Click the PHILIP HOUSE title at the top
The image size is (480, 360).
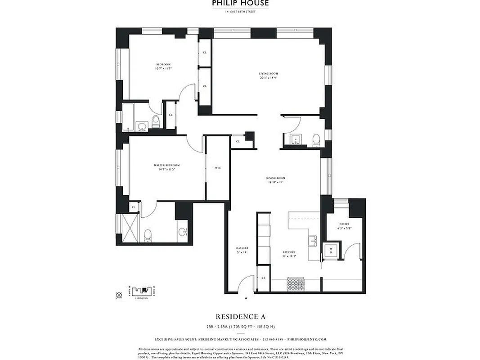coord(240,3)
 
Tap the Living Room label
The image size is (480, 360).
coord(268,76)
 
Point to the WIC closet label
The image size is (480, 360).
coord(218,168)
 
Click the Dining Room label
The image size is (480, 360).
coord(275,180)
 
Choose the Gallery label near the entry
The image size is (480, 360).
coord(242,250)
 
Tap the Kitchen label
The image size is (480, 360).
coord(289,253)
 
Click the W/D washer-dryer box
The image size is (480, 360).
coord(331,250)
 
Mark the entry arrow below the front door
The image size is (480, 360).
coord(246,298)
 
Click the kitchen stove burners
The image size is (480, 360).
coord(296,285)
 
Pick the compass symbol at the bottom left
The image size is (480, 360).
coord(119,295)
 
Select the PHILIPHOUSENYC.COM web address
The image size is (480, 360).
coord(306,340)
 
